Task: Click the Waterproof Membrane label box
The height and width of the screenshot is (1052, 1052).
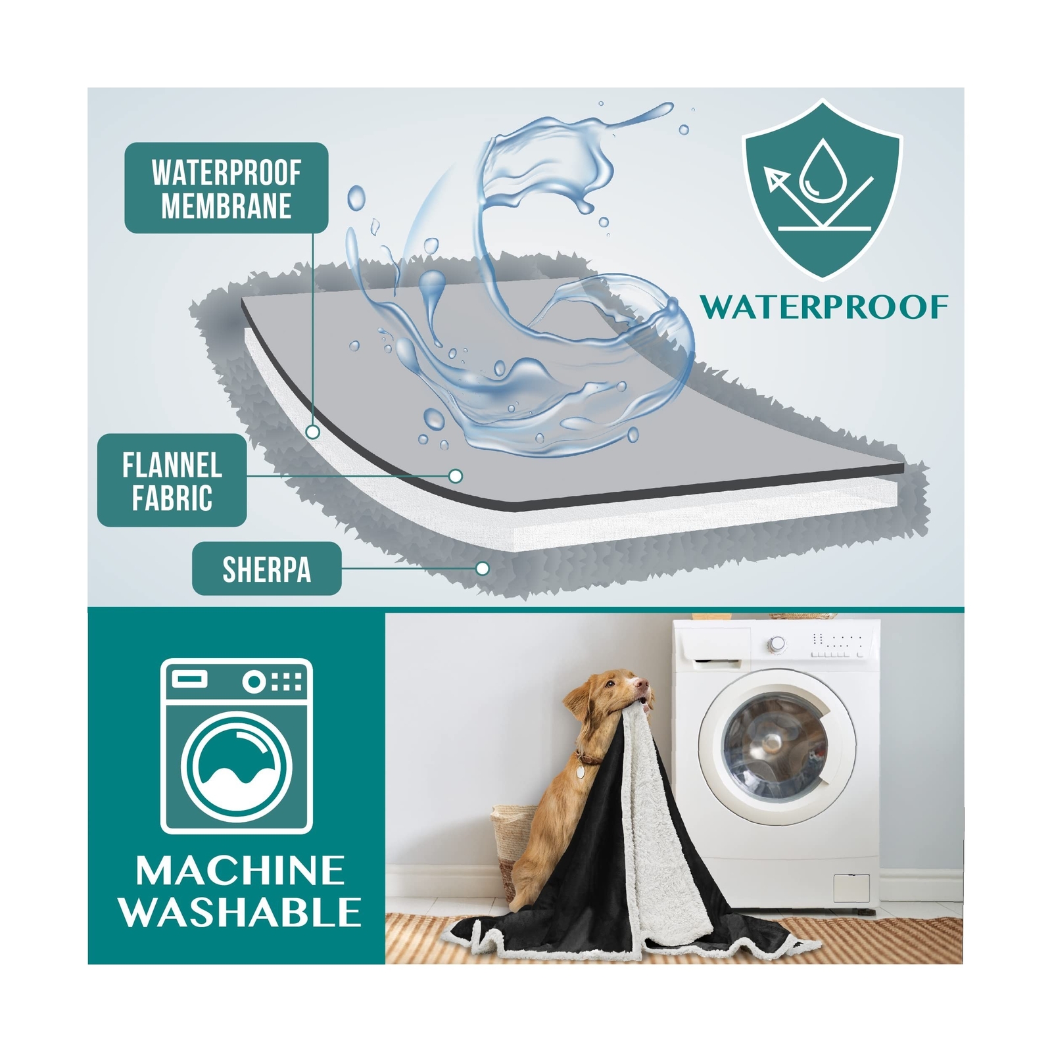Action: point(226,188)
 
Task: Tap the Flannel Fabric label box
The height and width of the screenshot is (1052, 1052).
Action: point(172,480)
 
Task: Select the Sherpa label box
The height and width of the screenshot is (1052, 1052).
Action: point(266,569)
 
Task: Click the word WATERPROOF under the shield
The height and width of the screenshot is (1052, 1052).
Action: point(824,307)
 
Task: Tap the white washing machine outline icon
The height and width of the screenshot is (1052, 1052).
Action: point(237,746)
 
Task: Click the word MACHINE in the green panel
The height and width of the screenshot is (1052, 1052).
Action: point(240,871)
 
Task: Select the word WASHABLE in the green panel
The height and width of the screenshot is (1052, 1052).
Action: point(240,912)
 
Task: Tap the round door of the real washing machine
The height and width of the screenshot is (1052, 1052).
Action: point(777,747)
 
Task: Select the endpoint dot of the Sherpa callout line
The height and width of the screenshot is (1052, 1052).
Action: point(483,568)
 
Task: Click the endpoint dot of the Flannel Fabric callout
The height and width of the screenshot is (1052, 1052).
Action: point(455,475)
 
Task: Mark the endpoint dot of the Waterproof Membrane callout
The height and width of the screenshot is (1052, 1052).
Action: point(314,432)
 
